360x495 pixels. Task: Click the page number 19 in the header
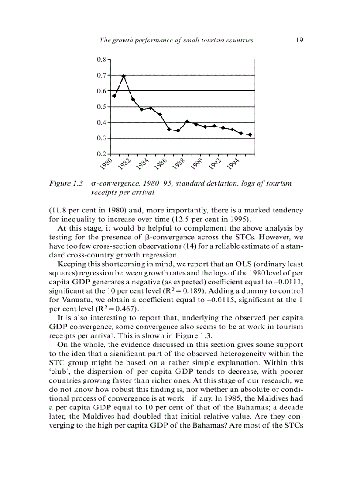point(299,40)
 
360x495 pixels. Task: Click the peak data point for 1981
point(124,76)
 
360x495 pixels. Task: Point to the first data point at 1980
point(115,96)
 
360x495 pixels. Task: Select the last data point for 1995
point(250,134)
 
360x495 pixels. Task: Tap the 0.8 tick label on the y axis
point(101,59)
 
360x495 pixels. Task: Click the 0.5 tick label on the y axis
point(101,107)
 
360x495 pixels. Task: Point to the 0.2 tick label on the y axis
point(101,154)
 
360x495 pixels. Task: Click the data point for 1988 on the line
point(187,121)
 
